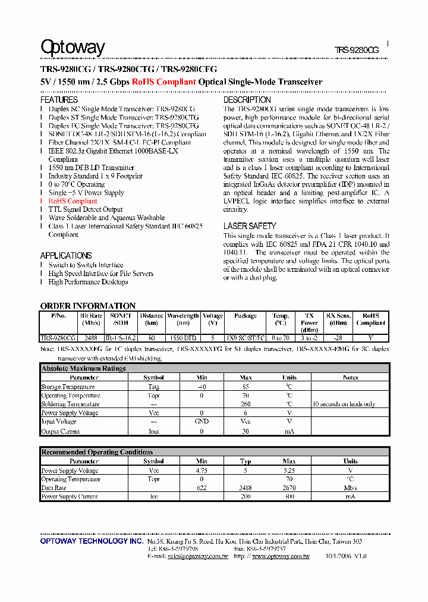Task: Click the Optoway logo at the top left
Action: (x=73, y=48)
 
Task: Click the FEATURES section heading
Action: (x=59, y=100)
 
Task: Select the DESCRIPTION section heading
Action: (x=247, y=100)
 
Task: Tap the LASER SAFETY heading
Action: (x=250, y=226)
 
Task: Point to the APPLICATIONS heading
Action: (x=66, y=255)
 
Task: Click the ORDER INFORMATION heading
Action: (x=88, y=306)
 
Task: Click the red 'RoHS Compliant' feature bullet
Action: (x=73, y=201)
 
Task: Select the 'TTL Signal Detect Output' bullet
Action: (x=86, y=209)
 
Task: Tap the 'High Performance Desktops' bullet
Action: (x=88, y=282)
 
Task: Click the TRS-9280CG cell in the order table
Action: (x=58, y=338)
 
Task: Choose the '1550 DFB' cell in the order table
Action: (x=182, y=338)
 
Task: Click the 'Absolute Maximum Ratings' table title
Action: (x=83, y=369)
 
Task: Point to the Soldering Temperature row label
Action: (x=70, y=405)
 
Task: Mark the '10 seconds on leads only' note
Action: (x=344, y=405)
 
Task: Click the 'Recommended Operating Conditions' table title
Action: (x=97, y=452)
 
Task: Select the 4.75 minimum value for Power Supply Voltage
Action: (x=202, y=471)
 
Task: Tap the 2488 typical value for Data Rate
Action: (x=246, y=488)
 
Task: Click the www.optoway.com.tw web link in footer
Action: (x=281, y=556)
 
